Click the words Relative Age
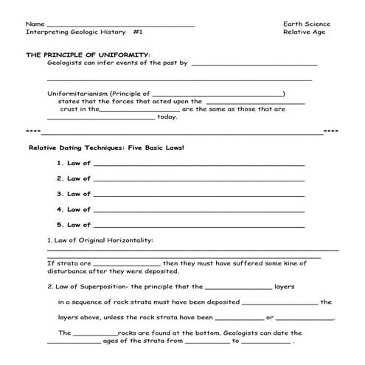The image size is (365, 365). click(304, 32)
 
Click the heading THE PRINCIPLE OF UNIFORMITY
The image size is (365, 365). click(87, 55)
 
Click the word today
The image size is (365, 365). click(167, 116)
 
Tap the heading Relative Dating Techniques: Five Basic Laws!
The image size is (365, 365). click(105, 147)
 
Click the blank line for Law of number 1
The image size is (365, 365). click(198, 164)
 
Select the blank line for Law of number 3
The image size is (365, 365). click(198, 195)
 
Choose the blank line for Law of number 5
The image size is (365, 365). click(198, 226)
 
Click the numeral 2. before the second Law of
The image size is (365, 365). click(60, 178)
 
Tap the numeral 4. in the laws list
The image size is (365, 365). click(60, 209)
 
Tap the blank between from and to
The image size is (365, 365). click(206, 343)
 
